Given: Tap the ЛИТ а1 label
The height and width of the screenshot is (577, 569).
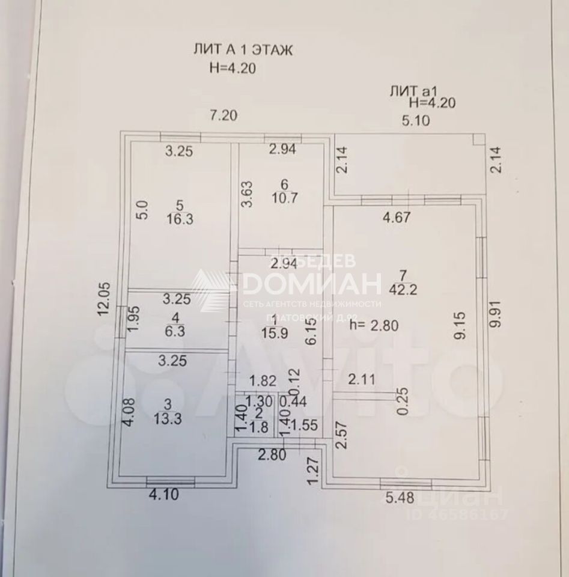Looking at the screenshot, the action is pos(410,91).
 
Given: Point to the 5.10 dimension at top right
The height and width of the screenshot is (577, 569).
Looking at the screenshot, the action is pos(416,121).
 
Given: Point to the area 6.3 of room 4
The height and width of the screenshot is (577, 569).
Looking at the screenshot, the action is pos(176,331).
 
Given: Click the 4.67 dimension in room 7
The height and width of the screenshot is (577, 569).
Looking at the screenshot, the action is pos(397,217).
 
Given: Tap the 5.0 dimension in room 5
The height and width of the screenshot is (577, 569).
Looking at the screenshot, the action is pos(141,211).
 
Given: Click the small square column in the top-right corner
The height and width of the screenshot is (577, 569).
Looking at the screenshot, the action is pos(478,139).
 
